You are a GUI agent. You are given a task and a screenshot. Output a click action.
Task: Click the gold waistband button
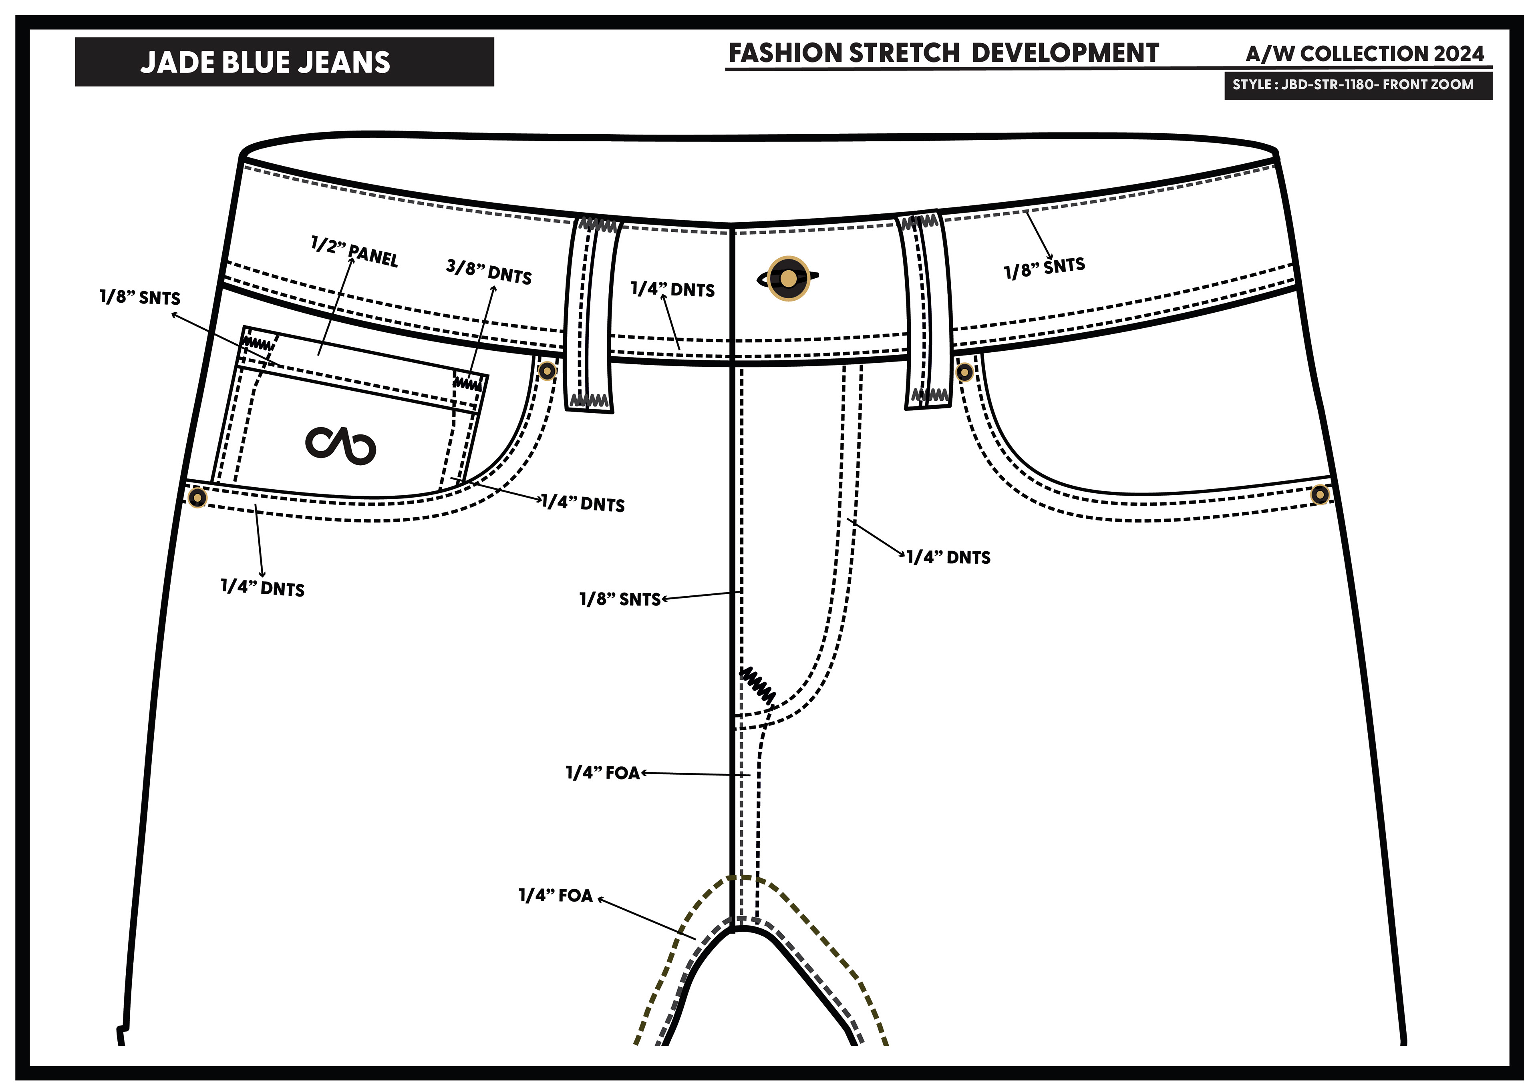(x=789, y=278)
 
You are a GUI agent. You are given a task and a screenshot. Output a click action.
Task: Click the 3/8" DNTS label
(x=489, y=271)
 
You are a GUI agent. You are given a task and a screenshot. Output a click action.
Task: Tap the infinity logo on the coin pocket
(x=340, y=445)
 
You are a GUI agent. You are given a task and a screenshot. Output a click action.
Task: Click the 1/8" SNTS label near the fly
(x=620, y=599)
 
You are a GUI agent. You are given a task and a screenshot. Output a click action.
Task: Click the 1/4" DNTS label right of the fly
(x=948, y=557)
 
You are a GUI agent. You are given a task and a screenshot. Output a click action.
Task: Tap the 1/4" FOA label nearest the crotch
(x=556, y=896)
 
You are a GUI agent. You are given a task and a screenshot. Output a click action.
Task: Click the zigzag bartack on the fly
(x=758, y=685)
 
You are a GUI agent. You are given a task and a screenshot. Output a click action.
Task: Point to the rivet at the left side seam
(x=197, y=498)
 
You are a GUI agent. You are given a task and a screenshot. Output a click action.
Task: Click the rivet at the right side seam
(x=1320, y=495)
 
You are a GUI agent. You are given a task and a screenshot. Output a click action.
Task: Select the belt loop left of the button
(x=592, y=313)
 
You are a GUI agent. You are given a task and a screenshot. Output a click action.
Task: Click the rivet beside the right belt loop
(x=964, y=372)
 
